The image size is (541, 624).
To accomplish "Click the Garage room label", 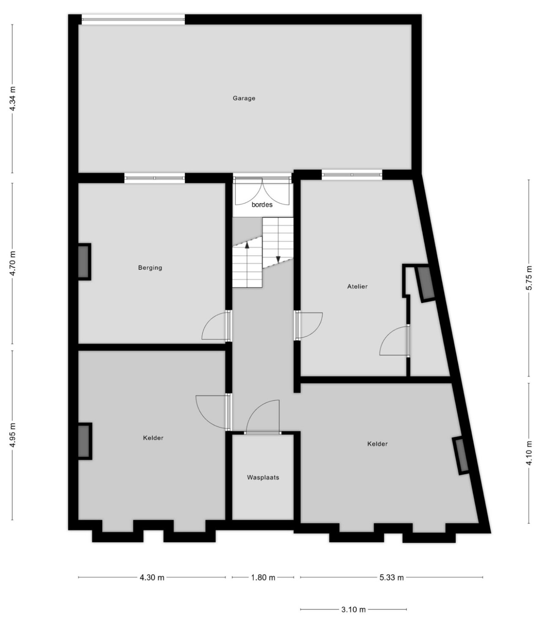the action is click(x=244, y=98).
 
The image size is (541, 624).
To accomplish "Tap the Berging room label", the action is click(x=150, y=267).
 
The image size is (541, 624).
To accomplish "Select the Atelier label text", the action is click(x=357, y=286).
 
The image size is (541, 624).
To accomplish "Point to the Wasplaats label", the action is click(x=263, y=477).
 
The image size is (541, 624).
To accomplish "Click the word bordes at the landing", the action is click(x=262, y=204).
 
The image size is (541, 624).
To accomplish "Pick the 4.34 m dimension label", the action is click(x=13, y=98).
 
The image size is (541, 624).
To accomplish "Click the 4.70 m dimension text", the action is click(x=13, y=263).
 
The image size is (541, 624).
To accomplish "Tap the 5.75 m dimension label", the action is click(x=529, y=278).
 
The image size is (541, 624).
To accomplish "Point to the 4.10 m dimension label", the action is click(x=529, y=453).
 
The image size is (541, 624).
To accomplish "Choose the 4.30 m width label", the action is click(x=152, y=577).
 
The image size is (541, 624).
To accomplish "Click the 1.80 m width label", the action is click(x=263, y=577).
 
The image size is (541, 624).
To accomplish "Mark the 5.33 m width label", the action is click(x=391, y=577).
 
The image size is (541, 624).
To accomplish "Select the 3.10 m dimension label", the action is click(x=353, y=610).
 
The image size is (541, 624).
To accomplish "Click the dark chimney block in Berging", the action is click(x=84, y=262).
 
